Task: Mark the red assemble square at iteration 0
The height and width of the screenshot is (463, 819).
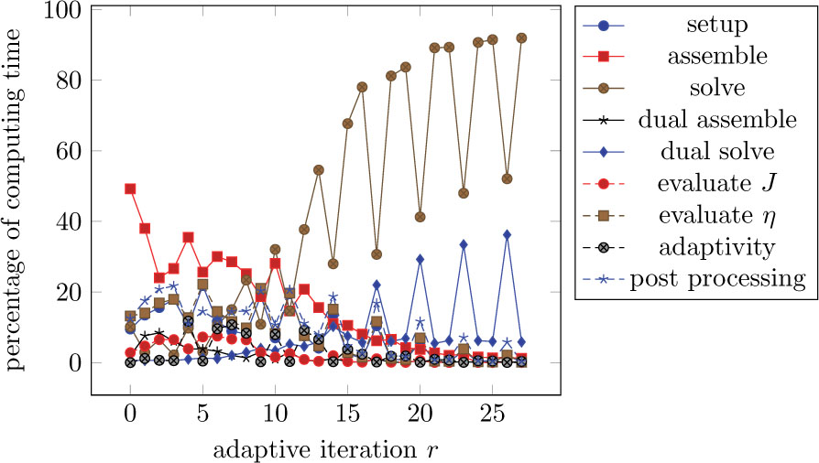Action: click(130, 188)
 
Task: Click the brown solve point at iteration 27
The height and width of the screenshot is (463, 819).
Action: click(521, 38)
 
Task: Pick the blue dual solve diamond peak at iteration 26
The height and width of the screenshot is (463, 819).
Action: click(507, 235)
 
